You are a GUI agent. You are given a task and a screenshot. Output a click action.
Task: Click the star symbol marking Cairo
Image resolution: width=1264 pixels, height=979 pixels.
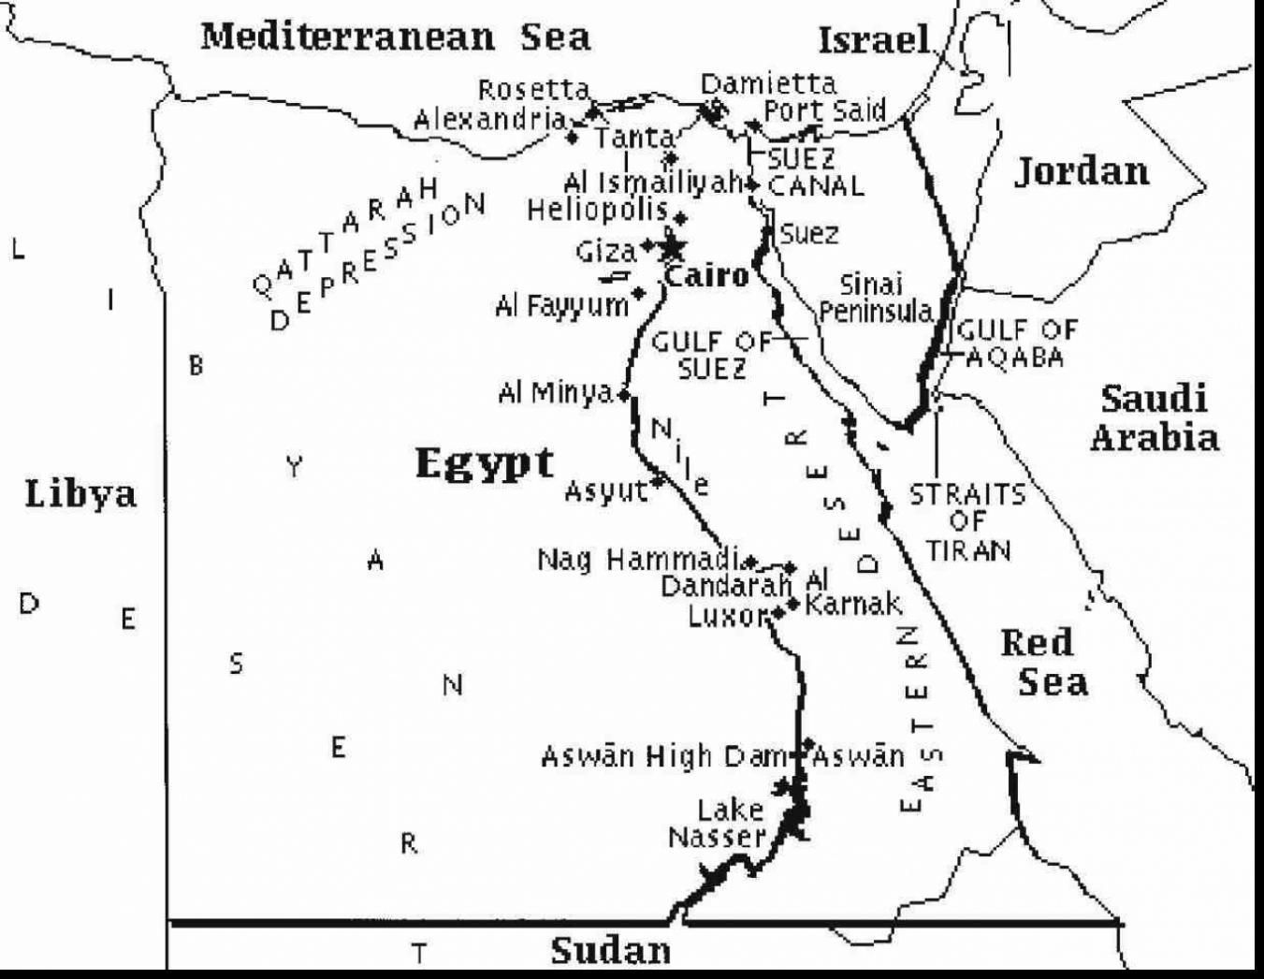(672, 248)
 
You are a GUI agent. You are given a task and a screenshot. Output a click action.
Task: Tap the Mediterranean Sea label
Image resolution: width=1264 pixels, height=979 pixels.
(396, 37)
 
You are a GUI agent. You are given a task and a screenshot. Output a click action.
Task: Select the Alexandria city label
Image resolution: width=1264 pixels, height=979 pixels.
(489, 120)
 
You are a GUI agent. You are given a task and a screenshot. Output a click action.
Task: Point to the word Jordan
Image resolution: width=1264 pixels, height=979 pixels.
(1082, 171)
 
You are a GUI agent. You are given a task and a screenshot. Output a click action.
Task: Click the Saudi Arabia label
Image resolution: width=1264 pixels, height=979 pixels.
(1154, 417)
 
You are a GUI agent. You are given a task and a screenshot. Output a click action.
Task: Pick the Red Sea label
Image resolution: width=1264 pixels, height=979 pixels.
(1043, 663)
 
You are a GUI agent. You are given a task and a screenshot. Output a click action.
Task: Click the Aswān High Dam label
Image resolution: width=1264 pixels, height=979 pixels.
(664, 756)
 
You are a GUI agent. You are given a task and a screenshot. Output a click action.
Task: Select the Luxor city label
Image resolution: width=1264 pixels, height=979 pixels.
(727, 616)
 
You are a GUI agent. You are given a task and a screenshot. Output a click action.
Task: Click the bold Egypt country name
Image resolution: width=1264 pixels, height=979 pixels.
(484, 462)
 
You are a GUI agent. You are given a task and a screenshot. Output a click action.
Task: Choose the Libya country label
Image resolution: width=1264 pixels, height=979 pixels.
(80, 493)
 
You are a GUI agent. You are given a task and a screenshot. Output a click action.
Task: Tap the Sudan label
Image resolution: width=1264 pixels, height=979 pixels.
(610, 950)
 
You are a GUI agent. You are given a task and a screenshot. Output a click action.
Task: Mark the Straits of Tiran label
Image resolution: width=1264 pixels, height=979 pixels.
(967, 521)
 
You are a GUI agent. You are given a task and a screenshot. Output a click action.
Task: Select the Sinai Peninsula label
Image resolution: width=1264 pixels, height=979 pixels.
(874, 298)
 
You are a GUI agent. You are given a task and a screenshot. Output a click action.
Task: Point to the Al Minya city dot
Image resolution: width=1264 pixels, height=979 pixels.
(624, 395)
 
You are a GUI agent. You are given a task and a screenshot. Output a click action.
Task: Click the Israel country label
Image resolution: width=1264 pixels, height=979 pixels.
(874, 39)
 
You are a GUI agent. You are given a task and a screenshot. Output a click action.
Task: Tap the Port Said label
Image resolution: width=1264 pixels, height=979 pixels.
(824, 110)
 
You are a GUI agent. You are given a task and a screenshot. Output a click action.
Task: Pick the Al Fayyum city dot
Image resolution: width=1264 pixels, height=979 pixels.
(639, 294)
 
